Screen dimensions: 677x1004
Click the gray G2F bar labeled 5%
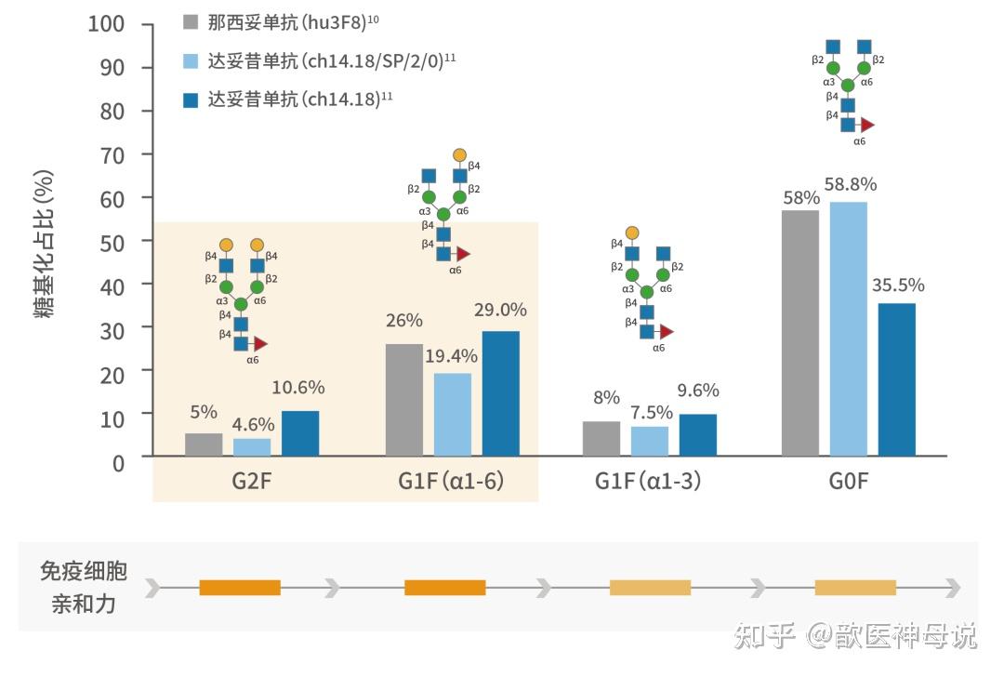[x=204, y=445]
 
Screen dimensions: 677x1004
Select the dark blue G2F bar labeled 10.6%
[x=300, y=433]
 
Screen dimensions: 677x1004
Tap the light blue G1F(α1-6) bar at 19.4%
[x=453, y=415]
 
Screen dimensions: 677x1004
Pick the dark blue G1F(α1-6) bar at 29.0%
[x=501, y=393]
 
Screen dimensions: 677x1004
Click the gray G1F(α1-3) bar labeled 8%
[x=601, y=439]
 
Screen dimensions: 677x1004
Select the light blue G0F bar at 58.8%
[x=849, y=329]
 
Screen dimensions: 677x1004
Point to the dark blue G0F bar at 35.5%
[x=897, y=379]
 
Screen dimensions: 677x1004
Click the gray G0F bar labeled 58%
[x=800, y=333]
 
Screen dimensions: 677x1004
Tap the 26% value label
[x=404, y=320]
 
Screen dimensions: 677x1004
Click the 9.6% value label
[x=698, y=391]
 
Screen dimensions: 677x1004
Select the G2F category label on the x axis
[x=252, y=482]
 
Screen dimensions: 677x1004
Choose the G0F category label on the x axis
[x=849, y=482]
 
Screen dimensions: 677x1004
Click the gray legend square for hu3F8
[x=191, y=22]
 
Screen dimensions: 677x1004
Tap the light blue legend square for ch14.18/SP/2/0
[x=191, y=61]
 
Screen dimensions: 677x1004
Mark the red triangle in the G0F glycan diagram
[x=867, y=125]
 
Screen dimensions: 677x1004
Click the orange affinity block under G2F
[x=240, y=588]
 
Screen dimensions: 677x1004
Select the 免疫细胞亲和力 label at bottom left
[x=83, y=588]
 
